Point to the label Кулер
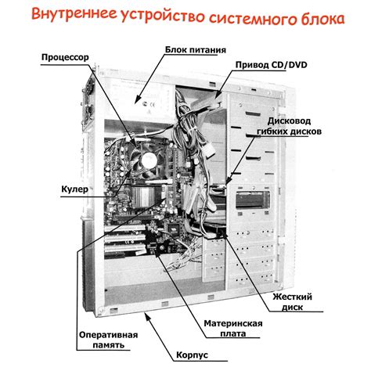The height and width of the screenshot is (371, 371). coord(76,189)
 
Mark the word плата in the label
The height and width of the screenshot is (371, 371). coord(232,334)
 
